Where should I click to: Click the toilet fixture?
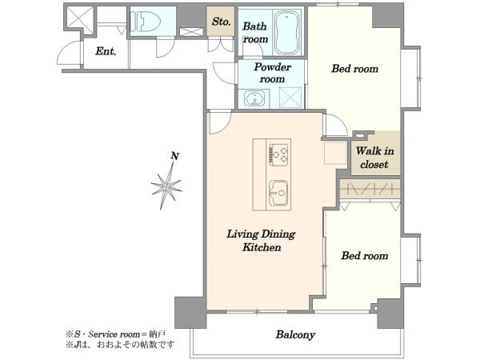(x=145, y=22)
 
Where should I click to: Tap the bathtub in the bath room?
(x=287, y=33)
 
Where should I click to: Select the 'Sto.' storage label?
(x=221, y=22)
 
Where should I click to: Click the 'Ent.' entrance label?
(x=106, y=51)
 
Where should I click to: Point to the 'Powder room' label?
(x=272, y=73)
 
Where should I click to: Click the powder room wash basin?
(x=254, y=98)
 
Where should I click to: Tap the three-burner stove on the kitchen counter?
(x=278, y=154)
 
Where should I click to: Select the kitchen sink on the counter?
(x=278, y=193)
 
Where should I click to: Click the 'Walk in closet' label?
(x=374, y=158)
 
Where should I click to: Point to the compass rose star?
(x=166, y=186)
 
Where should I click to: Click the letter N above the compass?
(x=174, y=156)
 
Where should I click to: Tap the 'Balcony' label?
(x=295, y=334)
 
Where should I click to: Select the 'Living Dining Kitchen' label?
(x=261, y=241)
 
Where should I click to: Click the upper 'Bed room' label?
(x=354, y=69)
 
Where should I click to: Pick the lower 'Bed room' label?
(x=365, y=256)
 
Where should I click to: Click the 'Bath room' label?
(x=255, y=33)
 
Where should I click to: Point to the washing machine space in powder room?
(x=290, y=98)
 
